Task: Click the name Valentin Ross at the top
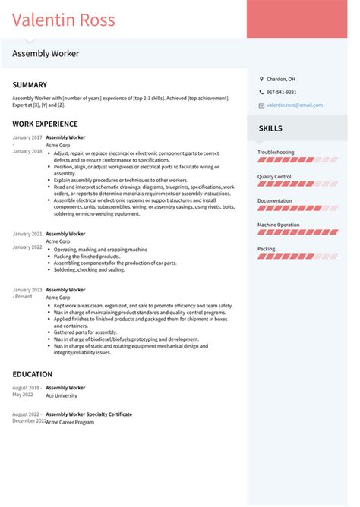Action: pyautogui.click(x=64, y=19)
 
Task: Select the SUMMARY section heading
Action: pyautogui.click(x=30, y=85)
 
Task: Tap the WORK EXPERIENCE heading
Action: pyautogui.click(x=45, y=124)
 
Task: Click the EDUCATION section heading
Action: pyautogui.click(x=33, y=374)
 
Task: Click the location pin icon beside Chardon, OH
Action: pyautogui.click(x=261, y=79)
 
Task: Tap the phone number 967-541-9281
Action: pyautogui.click(x=282, y=92)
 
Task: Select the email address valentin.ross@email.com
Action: pyautogui.click(x=294, y=105)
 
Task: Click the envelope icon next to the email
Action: pyautogui.click(x=261, y=105)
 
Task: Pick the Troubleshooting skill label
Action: pyautogui.click(x=276, y=152)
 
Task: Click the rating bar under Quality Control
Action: pyautogui.click(x=297, y=184)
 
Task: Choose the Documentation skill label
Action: pyautogui.click(x=275, y=200)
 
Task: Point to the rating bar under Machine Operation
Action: pyautogui.click(x=297, y=232)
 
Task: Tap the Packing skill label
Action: pyautogui.click(x=267, y=248)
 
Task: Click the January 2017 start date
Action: pyautogui.click(x=27, y=137)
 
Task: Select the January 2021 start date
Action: pyautogui.click(x=27, y=234)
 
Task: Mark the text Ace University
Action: pyautogui.click(x=61, y=395)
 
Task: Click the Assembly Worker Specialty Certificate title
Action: pyautogui.click(x=89, y=414)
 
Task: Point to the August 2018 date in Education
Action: pyautogui.click(x=27, y=387)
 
